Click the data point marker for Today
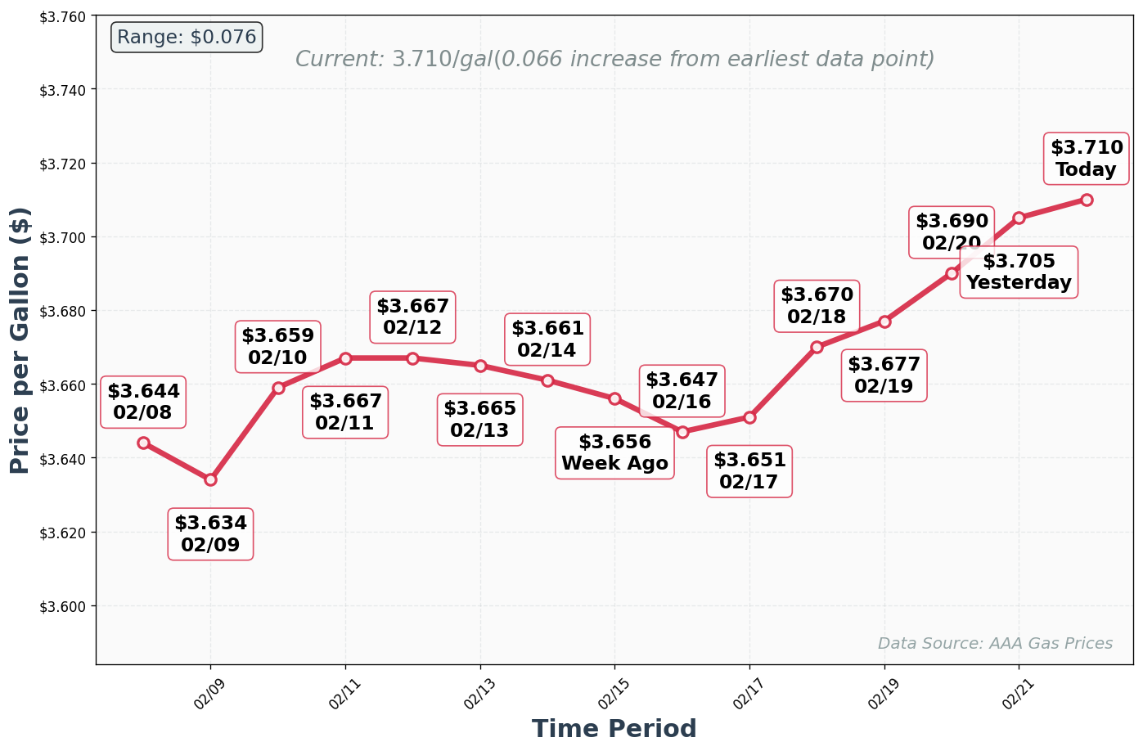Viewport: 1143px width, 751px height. click(x=1086, y=200)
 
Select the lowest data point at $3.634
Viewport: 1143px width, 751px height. click(x=210, y=479)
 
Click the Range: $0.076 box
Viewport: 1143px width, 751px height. click(x=187, y=38)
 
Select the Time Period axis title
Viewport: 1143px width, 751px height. click(x=614, y=729)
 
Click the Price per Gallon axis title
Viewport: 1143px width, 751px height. click(x=20, y=340)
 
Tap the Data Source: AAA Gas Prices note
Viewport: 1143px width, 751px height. click(x=995, y=644)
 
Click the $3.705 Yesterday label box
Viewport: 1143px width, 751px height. click(x=1019, y=272)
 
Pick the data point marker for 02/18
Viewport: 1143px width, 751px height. click(x=817, y=347)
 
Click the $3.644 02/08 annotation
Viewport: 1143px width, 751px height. click(x=143, y=402)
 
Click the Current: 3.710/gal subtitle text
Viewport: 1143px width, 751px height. click(x=614, y=60)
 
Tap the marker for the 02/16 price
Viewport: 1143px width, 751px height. click(x=682, y=432)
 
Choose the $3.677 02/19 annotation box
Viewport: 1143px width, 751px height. click(x=884, y=375)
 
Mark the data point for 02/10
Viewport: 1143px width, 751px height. click(x=278, y=388)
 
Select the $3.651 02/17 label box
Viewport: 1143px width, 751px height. click(x=749, y=471)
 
